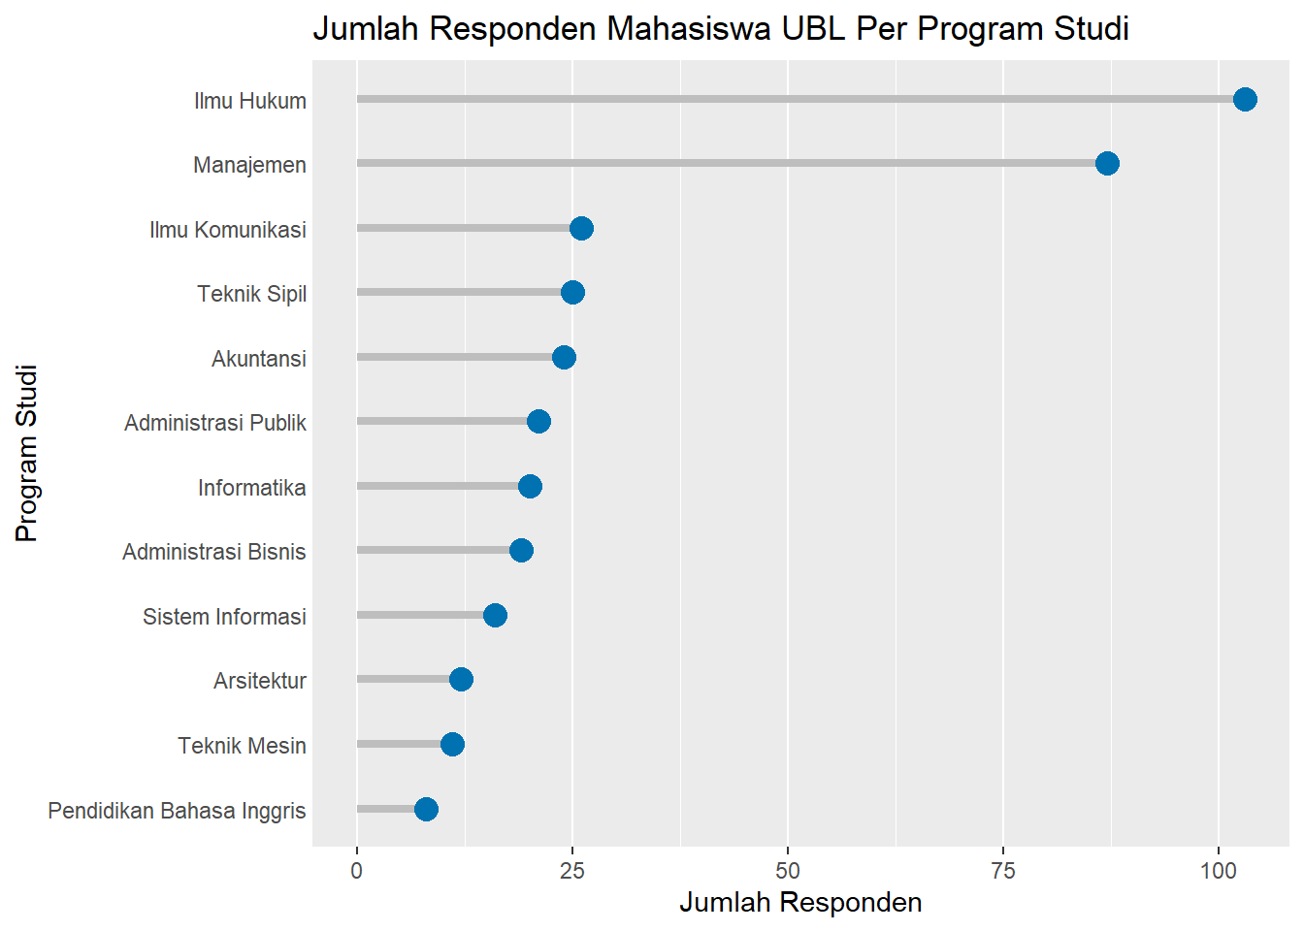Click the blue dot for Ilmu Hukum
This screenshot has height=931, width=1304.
pos(1245,99)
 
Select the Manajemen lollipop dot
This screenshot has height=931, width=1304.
pos(1107,163)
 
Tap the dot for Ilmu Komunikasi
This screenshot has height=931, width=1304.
pos(581,228)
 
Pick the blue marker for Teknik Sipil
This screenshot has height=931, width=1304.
pos(572,292)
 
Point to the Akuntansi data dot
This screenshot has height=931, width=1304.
pos(564,357)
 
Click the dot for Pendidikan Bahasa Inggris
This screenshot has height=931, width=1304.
pos(426,809)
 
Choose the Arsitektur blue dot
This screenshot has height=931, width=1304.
pos(461,679)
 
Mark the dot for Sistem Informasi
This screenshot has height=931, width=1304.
pos(495,615)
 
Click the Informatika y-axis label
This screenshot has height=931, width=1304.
pos(251,487)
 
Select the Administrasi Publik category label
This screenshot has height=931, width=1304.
pos(214,423)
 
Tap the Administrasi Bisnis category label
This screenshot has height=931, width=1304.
pos(213,552)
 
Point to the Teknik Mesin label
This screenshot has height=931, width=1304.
pos(242,746)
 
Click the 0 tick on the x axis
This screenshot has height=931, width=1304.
pos(357,870)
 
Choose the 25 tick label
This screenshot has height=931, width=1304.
pos(572,870)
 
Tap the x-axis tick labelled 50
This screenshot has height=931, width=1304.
pos(788,870)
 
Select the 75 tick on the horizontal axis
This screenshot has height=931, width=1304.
pos(1003,870)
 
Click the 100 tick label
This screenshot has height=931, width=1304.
pos(1219,870)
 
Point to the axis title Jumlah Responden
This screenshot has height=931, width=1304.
pos(800,902)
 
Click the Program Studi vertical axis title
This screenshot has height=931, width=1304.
pos(27,453)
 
